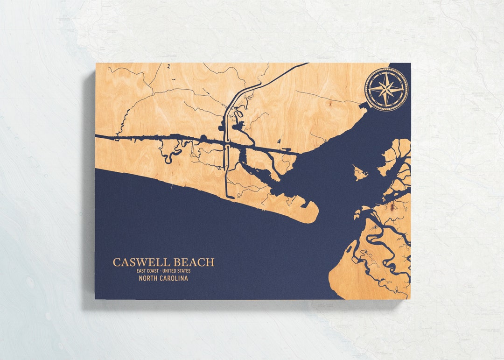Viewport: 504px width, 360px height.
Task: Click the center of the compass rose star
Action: [x=386, y=89]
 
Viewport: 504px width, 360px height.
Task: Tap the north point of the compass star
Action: [x=386, y=74]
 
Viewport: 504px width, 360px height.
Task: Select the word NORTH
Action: [x=149, y=278]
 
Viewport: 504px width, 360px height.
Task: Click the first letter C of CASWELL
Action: [x=117, y=262]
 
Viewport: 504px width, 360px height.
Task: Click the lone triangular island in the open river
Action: [x=359, y=173]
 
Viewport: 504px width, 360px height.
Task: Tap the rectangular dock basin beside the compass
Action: [x=363, y=106]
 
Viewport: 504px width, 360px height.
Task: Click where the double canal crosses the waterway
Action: [x=226, y=145]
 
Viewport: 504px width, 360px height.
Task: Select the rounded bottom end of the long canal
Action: [x=230, y=197]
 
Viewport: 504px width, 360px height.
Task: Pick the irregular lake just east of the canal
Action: [x=238, y=125]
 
